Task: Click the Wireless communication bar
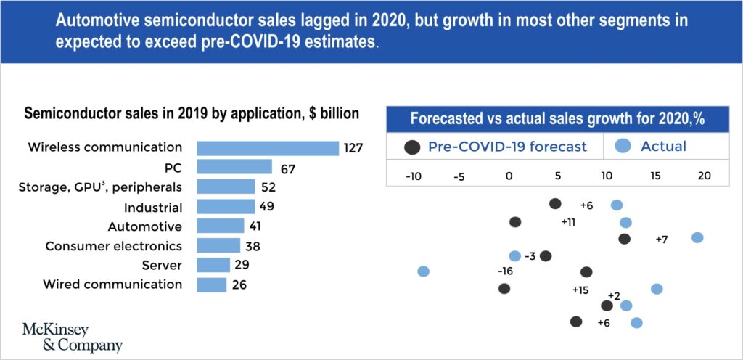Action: pyautogui.click(x=268, y=148)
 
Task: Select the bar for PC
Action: pyautogui.click(x=234, y=168)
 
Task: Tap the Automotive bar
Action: pyautogui.click(x=221, y=226)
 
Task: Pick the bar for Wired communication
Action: pyautogui.click(x=212, y=285)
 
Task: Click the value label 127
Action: pyautogui.click(x=353, y=148)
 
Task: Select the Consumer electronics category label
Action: pyautogui.click(x=114, y=246)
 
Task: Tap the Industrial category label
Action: pyautogui.click(x=152, y=207)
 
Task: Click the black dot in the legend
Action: pyautogui.click(x=412, y=147)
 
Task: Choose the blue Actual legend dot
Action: pyautogui.click(x=622, y=147)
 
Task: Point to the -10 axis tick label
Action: pyautogui.click(x=414, y=176)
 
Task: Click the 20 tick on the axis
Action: pyautogui.click(x=703, y=176)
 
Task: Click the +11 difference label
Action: pyautogui.click(x=568, y=222)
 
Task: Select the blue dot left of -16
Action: pyautogui.click(x=424, y=271)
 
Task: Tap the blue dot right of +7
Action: pyautogui.click(x=697, y=237)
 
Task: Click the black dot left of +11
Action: pyautogui.click(x=515, y=222)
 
